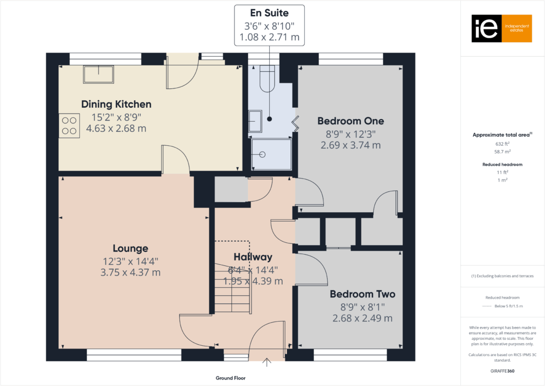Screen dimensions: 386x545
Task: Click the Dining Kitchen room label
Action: click(116, 104)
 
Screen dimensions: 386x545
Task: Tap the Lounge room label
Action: click(130, 248)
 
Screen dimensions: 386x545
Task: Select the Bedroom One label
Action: click(350, 121)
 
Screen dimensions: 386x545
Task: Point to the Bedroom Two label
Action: click(362, 294)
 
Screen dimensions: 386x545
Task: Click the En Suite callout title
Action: click(269, 13)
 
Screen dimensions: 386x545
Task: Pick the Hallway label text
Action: click(253, 257)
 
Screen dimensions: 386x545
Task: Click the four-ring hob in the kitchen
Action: click(69, 125)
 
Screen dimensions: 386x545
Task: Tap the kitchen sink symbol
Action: click(99, 74)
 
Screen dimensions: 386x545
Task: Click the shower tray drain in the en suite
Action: click(262, 154)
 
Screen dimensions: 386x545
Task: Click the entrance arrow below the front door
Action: click(267, 363)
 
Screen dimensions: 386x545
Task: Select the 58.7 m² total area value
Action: click(502, 152)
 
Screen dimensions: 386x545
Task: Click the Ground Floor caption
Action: click(231, 378)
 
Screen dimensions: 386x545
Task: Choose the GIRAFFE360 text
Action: click(503, 370)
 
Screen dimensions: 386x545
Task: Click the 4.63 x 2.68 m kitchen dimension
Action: click(116, 129)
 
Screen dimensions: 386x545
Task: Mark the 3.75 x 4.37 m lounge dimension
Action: click(130, 272)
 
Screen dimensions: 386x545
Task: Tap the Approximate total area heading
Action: click(501, 135)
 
